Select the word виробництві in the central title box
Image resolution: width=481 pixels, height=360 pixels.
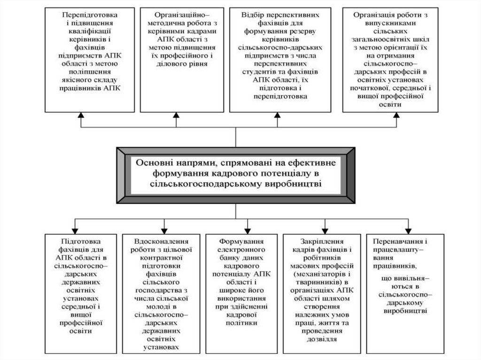(295, 184)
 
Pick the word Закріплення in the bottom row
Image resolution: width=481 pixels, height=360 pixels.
(322, 239)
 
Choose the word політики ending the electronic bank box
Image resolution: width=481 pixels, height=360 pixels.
(242, 323)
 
